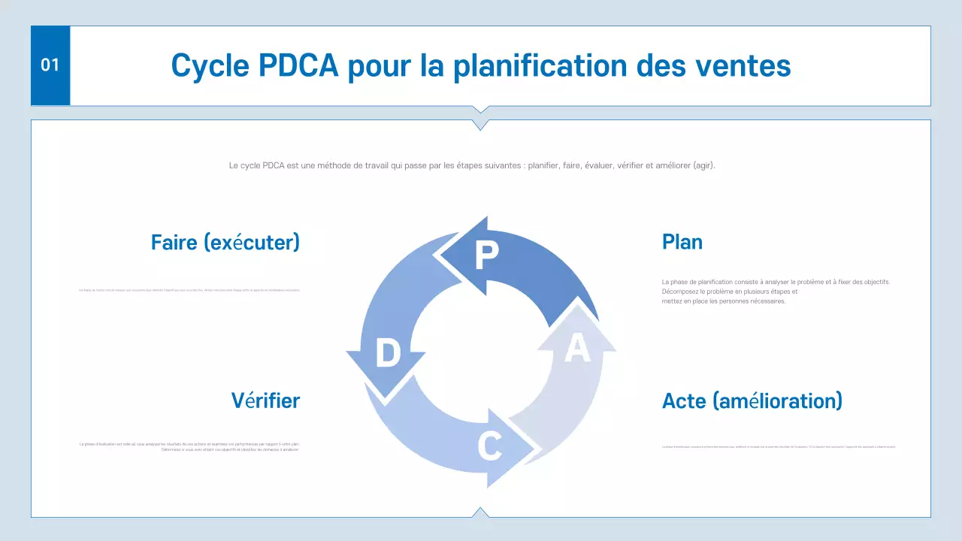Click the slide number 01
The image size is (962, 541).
click(50, 65)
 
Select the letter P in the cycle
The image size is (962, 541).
click(487, 255)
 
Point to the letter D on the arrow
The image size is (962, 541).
click(388, 353)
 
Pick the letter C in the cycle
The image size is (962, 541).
click(489, 447)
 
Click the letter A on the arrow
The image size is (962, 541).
click(576, 348)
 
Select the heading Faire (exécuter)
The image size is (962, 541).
click(225, 242)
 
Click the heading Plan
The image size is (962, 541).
click(682, 242)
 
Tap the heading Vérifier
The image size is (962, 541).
click(265, 400)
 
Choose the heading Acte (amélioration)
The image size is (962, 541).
click(752, 400)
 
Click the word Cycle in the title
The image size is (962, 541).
click(208, 65)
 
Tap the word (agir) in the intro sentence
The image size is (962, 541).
click(703, 165)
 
